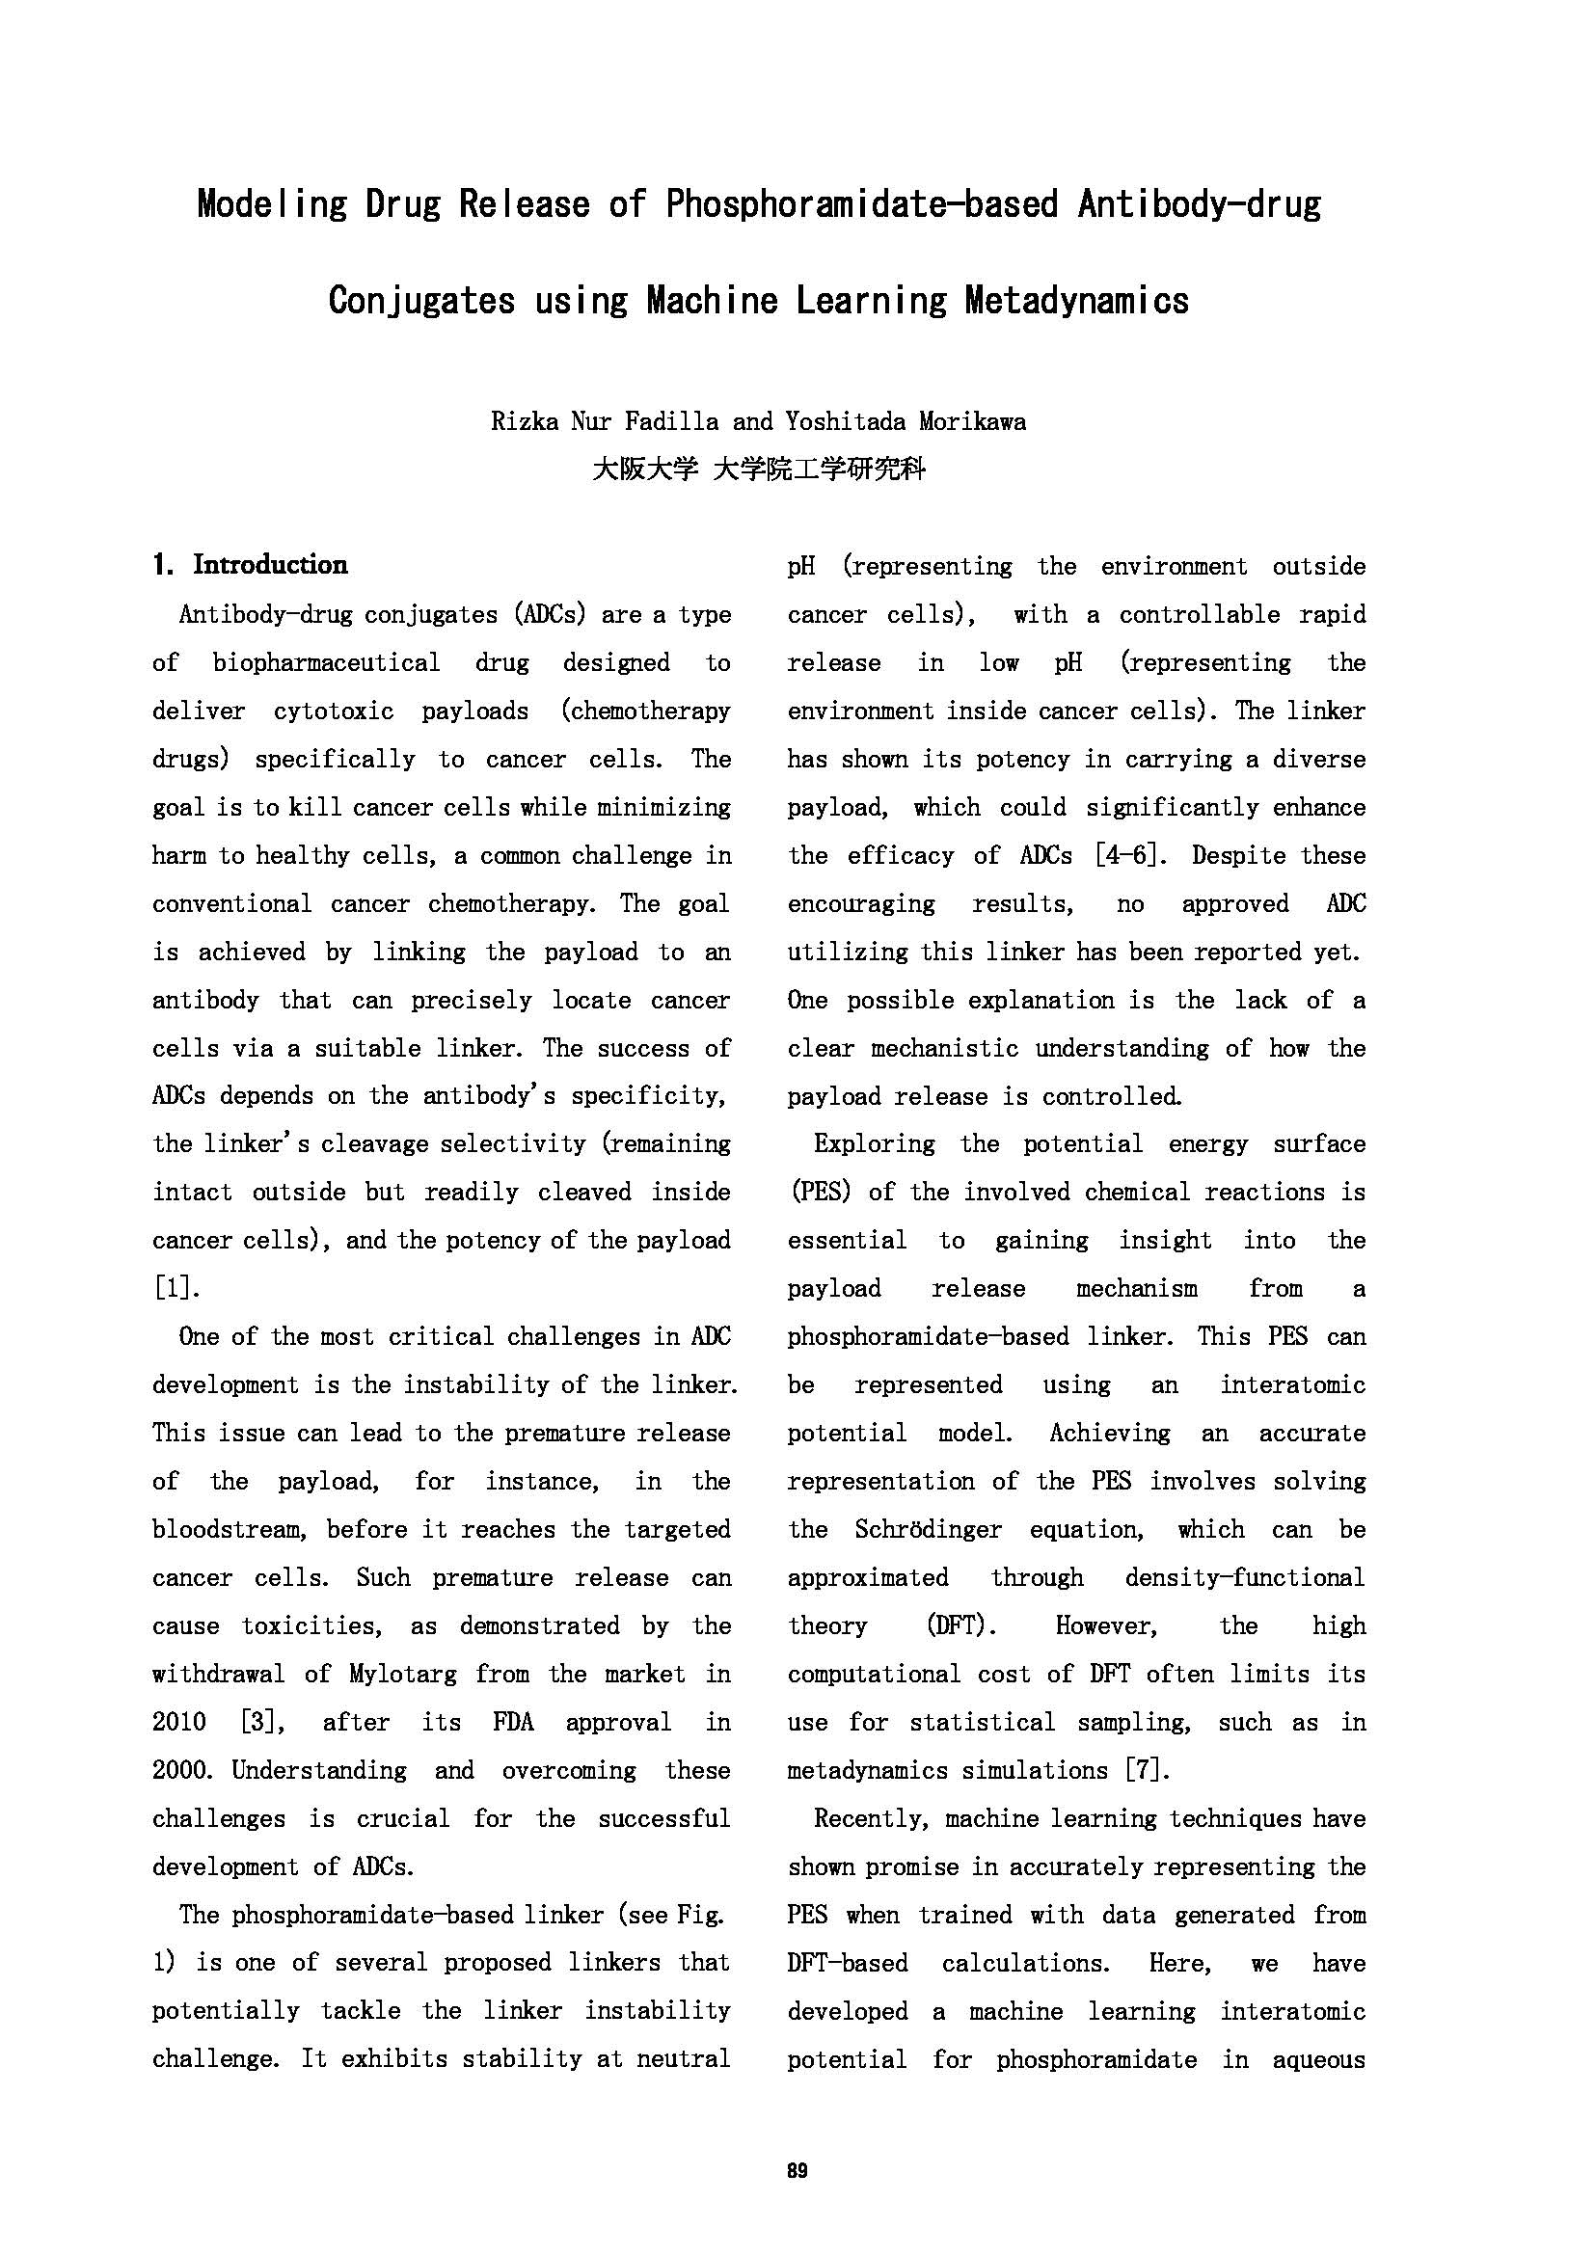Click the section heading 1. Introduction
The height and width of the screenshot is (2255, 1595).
pyautogui.click(x=251, y=565)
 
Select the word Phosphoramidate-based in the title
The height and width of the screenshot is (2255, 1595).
pyautogui.click(x=861, y=203)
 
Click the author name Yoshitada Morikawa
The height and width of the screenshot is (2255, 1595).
pyautogui.click(x=905, y=422)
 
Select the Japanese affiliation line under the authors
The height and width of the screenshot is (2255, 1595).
pyautogui.click(x=758, y=470)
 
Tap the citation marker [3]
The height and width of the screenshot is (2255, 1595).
pyautogui.click(x=262, y=1722)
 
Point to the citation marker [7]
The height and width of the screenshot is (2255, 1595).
pyautogui.click(x=1149, y=1770)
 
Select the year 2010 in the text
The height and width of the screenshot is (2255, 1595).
pyautogui.click(x=178, y=1722)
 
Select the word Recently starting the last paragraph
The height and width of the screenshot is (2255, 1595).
pyautogui.click(x=870, y=1818)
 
